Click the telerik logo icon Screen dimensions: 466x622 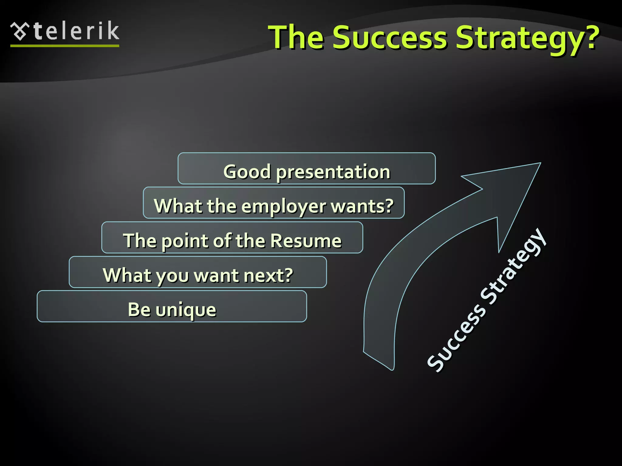pyautogui.click(x=20, y=31)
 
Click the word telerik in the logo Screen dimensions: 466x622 pyautogui.click(x=77, y=31)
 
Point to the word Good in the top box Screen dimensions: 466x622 pyautogui.click(x=247, y=172)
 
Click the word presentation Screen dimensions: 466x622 pyautogui.click(x=333, y=172)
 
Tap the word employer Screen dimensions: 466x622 pyautogui.click(x=284, y=207)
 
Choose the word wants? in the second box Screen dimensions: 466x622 pyautogui.click(x=362, y=206)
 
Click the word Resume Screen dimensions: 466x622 pyautogui.click(x=306, y=241)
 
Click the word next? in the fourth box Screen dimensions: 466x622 pyautogui.click(x=268, y=275)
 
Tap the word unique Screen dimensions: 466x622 pyautogui.click(x=186, y=310)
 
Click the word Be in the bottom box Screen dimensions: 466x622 pyautogui.click(x=139, y=309)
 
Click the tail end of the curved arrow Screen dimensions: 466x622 pyautogui.click(x=378, y=360)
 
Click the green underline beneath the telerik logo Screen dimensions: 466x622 pyautogui.click(x=65, y=46)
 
